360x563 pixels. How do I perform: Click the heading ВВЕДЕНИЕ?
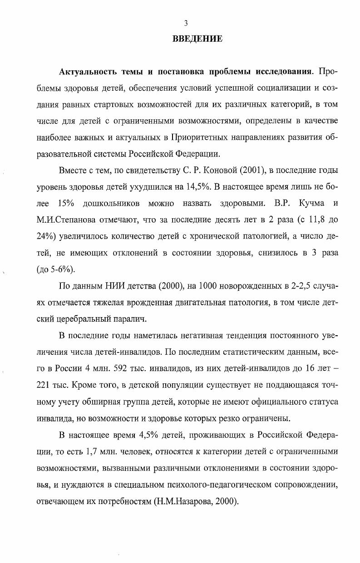coord(197,39)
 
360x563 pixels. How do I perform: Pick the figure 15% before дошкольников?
coord(68,202)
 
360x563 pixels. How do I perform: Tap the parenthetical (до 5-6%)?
coord(55,268)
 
